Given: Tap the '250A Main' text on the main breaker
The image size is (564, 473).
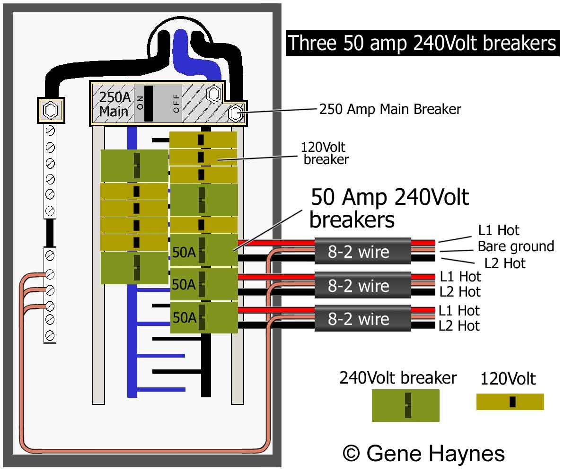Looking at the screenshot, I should (x=114, y=104).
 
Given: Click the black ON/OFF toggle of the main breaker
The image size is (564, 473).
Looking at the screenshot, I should (x=149, y=104).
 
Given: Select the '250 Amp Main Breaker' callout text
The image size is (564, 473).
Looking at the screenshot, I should (x=390, y=109).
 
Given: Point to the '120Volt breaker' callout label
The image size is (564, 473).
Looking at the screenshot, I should (x=326, y=153).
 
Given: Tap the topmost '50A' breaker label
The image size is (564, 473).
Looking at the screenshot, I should (x=184, y=253).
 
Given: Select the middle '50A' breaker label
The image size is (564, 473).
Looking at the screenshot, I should (x=184, y=285).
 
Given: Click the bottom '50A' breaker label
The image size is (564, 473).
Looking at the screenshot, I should (x=184, y=318).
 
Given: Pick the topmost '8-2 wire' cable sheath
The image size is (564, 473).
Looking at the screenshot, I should (x=362, y=251).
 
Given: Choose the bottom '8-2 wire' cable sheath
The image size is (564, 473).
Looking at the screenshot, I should (x=362, y=319).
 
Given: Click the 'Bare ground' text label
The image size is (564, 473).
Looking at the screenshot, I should (x=515, y=246).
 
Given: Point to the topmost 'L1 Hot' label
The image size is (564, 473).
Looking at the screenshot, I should (x=499, y=230).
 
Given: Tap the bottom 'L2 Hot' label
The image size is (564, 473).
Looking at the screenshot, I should (x=459, y=325).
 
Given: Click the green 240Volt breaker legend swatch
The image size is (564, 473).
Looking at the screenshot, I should (x=405, y=405).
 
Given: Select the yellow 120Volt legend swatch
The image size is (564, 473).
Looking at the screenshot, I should (x=510, y=402).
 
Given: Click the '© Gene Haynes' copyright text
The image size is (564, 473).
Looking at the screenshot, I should (x=423, y=453).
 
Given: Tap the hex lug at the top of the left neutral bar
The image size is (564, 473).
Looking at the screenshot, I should (x=49, y=111).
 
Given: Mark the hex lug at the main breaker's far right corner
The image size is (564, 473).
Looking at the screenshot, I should (x=235, y=114).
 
